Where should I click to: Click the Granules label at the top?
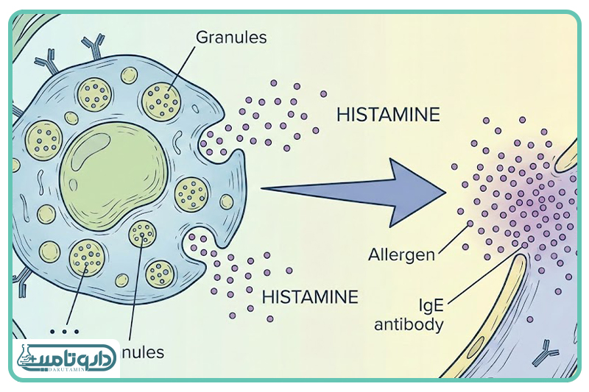(231, 36)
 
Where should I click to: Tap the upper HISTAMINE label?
(388, 115)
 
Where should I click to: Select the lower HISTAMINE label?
(310, 297)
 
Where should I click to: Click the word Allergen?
(402, 255)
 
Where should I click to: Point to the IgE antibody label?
(409, 314)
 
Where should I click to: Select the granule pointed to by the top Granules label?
(162, 99)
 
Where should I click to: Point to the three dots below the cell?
(60, 329)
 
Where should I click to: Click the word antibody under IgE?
(409, 324)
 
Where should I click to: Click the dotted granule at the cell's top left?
(94, 93)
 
